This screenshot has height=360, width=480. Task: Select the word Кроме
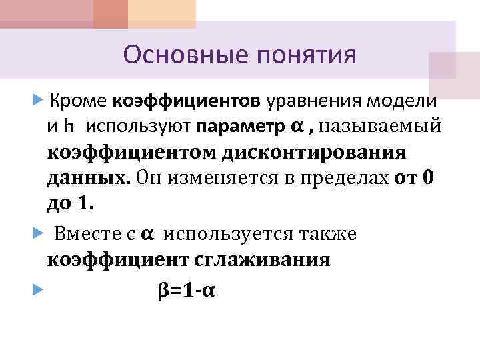(79, 101)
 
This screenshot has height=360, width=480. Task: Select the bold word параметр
(238, 125)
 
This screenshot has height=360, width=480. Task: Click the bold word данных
(88, 177)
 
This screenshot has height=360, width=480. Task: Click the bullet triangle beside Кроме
(37, 101)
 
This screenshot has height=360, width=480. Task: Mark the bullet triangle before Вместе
(37, 234)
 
